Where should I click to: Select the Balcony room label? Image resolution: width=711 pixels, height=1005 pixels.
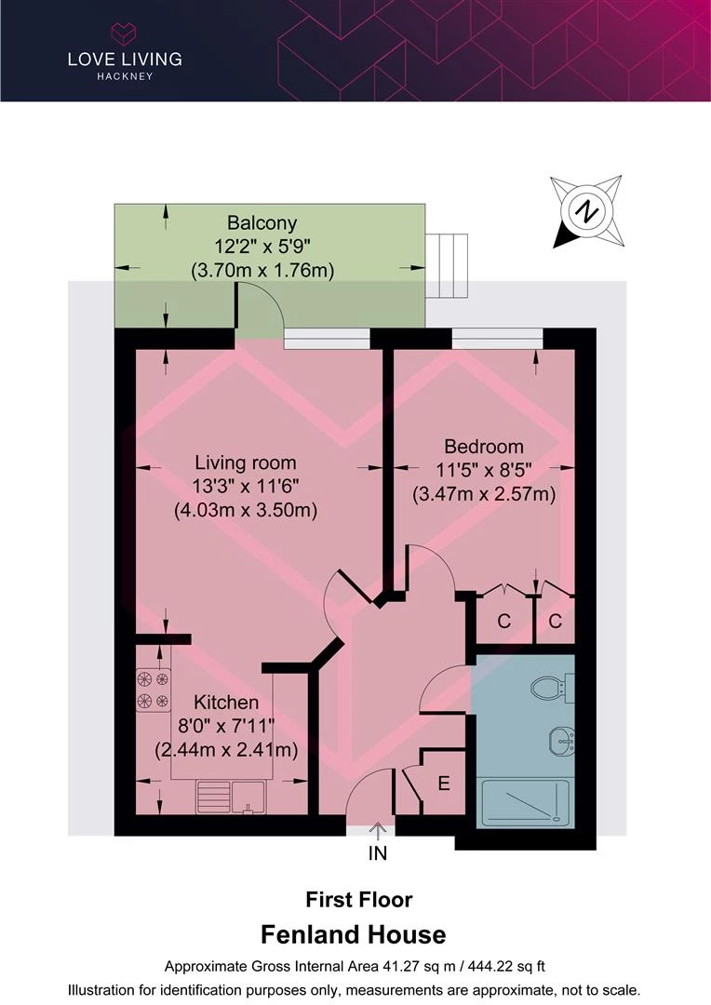pyautogui.click(x=262, y=223)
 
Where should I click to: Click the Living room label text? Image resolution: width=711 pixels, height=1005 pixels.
pyautogui.click(x=245, y=462)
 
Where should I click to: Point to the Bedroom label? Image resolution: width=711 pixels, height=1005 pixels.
pyautogui.click(x=483, y=447)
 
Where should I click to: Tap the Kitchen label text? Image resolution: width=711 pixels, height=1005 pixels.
pyautogui.click(x=225, y=702)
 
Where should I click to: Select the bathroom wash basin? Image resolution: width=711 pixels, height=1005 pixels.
pyautogui.click(x=558, y=742)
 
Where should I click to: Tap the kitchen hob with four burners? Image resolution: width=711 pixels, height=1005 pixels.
pyautogui.click(x=153, y=690)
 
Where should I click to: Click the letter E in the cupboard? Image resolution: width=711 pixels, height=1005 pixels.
pyautogui.click(x=444, y=784)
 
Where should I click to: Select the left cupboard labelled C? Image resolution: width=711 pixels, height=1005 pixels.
pyautogui.click(x=503, y=622)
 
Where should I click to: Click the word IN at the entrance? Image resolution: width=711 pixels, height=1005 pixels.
pyautogui.click(x=378, y=851)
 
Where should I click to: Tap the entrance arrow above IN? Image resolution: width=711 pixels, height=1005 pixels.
pyautogui.click(x=378, y=827)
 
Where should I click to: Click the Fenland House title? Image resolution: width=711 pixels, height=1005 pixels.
pyautogui.click(x=354, y=934)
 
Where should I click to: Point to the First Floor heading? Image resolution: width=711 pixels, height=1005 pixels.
pyautogui.click(x=359, y=899)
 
